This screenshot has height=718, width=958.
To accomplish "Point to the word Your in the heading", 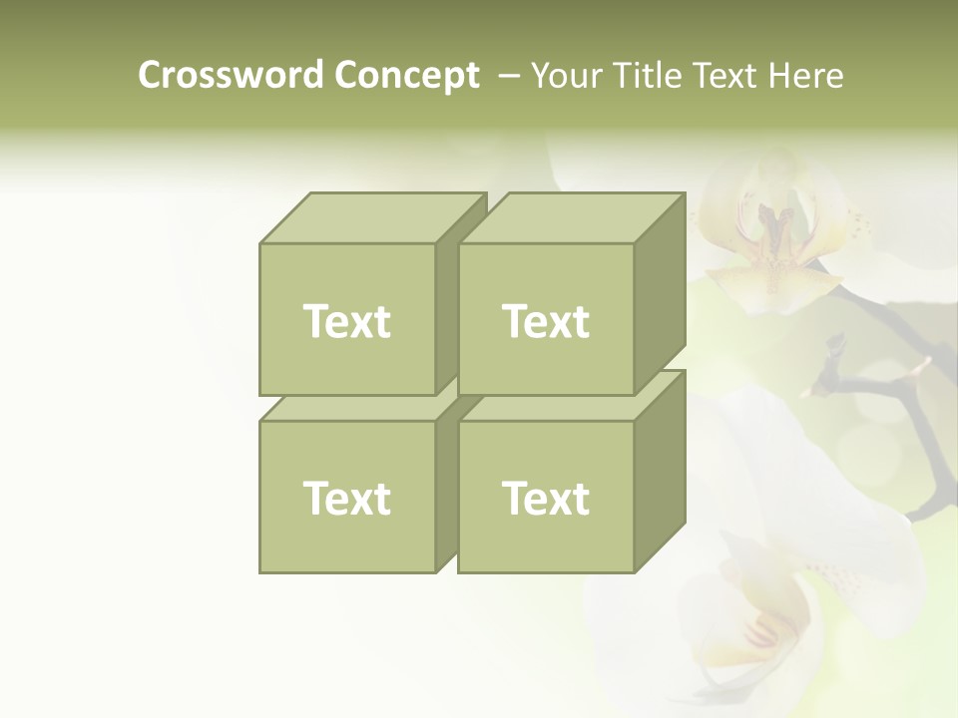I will click(x=566, y=76).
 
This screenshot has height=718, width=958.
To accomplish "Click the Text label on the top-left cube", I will click(x=347, y=321).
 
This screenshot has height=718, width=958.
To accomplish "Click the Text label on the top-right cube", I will click(x=546, y=321).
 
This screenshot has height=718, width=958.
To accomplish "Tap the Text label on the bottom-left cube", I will click(x=347, y=498).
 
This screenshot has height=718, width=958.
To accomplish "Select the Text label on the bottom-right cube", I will click(x=546, y=498).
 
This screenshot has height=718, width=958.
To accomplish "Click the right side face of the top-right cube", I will click(x=660, y=294).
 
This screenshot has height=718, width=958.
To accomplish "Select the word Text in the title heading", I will click(x=724, y=76).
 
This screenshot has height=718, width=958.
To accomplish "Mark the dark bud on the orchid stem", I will click(x=833, y=351).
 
